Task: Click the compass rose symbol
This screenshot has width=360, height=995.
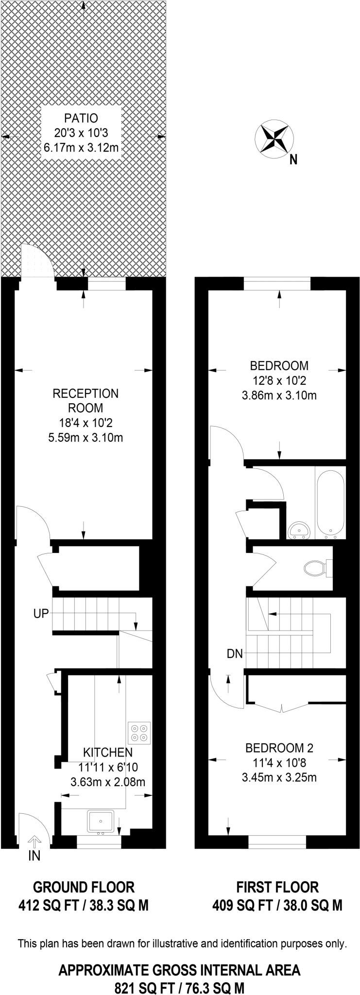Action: (274, 139)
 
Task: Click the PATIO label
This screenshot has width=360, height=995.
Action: (81, 118)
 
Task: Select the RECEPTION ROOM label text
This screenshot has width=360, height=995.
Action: (86, 400)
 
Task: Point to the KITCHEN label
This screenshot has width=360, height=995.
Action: (108, 753)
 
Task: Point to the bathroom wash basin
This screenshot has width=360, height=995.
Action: (298, 531)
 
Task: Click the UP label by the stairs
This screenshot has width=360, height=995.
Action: (41, 614)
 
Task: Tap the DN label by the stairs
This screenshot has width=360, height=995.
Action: (235, 654)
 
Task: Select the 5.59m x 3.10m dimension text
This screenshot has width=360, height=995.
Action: (86, 438)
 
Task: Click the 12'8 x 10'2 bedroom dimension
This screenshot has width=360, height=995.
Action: (279, 380)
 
